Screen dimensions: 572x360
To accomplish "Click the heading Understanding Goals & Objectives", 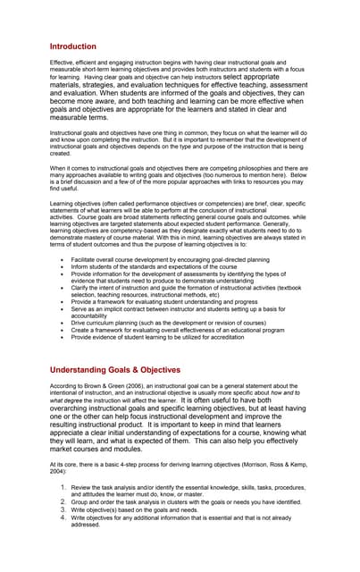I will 115,369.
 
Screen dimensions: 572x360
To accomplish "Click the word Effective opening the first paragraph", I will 63,63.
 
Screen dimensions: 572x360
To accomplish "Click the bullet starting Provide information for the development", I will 179,276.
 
